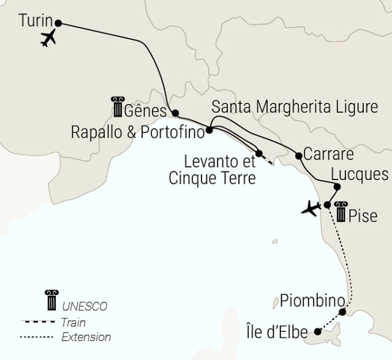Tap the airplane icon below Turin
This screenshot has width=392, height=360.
point(48,39)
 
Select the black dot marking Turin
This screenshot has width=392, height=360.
point(59,23)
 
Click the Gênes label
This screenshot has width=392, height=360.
point(145,111)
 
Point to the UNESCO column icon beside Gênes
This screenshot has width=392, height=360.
point(116,107)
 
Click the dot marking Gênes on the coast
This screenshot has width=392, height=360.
point(175,113)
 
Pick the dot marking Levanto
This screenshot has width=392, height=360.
point(259,153)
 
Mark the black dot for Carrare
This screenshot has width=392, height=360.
point(299,154)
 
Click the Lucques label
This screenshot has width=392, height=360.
point(360,174)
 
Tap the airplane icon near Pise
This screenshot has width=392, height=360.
point(312,209)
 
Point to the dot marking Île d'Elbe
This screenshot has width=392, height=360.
point(317,332)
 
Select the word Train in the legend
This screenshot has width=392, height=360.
point(74,322)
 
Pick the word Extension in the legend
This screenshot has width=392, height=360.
point(86,337)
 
